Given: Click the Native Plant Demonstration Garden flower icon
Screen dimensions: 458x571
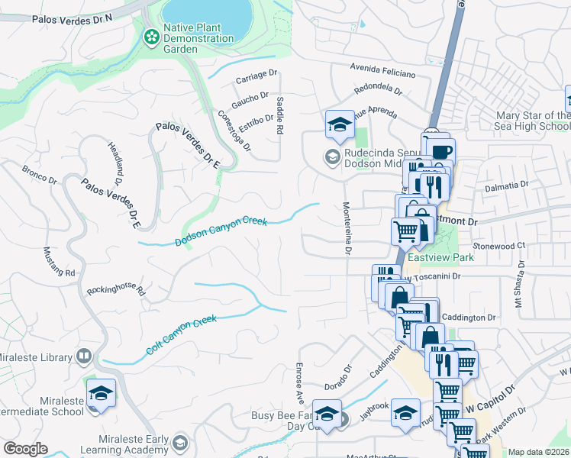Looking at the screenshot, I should point(151,35).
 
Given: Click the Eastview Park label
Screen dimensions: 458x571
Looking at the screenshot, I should point(440,257).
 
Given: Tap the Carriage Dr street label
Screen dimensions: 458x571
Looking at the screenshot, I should point(256,76).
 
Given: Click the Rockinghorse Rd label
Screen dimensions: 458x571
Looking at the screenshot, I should point(115,289).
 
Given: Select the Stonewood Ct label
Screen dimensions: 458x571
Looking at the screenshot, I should point(499,246).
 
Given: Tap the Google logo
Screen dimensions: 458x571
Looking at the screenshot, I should point(25,449).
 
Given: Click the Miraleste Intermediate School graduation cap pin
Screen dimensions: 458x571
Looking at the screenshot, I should point(101,394).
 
